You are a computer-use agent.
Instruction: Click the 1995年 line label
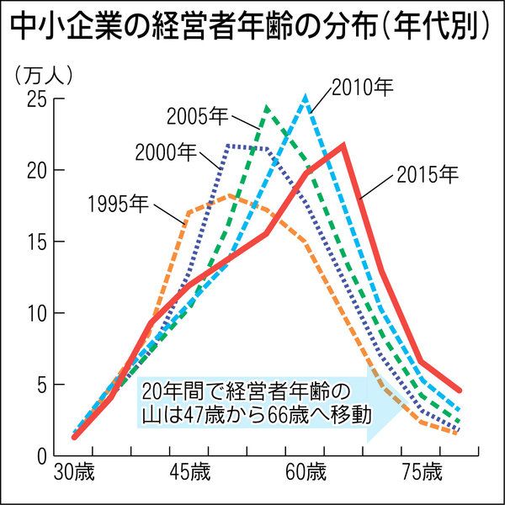click(x=117, y=204)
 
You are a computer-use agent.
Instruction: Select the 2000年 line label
click(x=165, y=152)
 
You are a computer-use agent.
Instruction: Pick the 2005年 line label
click(x=197, y=114)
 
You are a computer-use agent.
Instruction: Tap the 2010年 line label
click(x=363, y=87)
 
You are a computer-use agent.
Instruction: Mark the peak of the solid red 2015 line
click(x=343, y=145)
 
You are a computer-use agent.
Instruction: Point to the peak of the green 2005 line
click(x=267, y=107)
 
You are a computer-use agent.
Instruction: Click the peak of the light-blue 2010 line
click(x=306, y=98)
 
